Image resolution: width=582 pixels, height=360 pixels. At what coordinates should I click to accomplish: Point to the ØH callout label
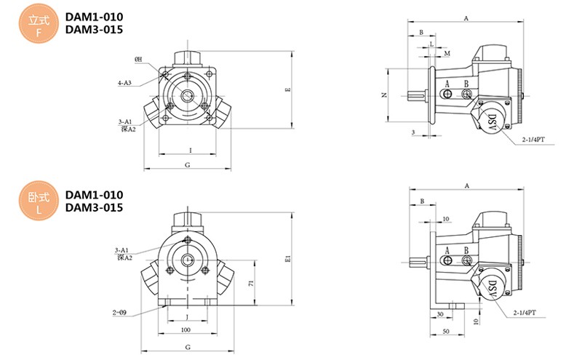point(138,59)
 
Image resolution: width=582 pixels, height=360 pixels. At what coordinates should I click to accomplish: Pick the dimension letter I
point(190,150)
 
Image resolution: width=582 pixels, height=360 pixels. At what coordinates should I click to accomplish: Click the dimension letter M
point(447,53)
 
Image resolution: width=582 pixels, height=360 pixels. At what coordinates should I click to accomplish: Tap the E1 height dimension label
point(288,257)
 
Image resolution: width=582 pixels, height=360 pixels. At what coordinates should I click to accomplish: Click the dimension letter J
point(188,318)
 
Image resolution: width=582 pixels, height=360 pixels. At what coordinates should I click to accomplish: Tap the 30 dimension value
point(441,316)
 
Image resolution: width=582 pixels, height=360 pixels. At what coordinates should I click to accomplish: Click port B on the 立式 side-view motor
point(466,84)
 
